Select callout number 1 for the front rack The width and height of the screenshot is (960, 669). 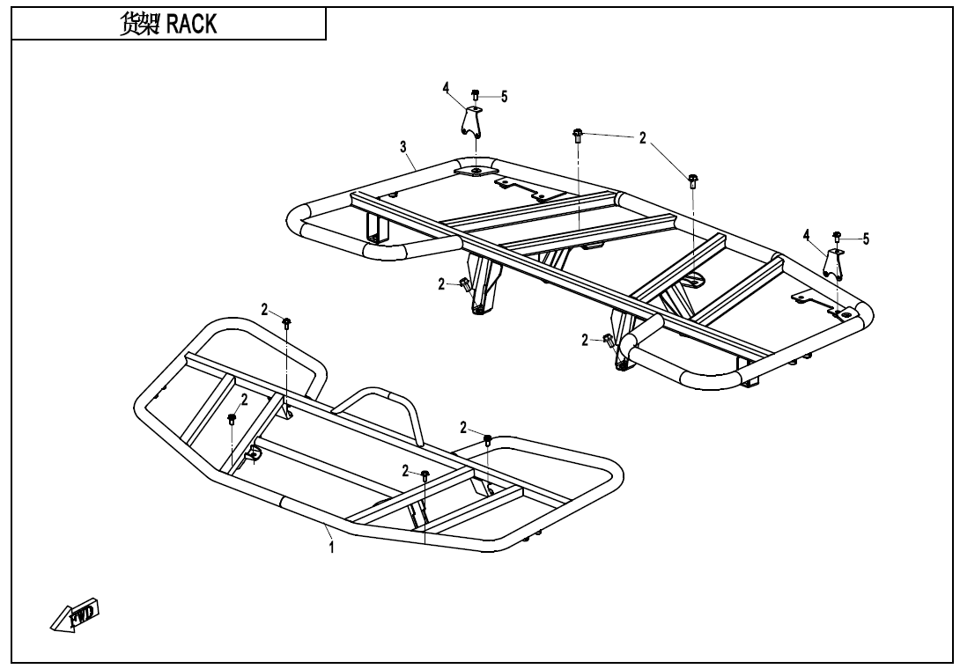pyautogui.click(x=331, y=547)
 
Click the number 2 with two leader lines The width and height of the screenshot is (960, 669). pyautogui.click(x=643, y=138)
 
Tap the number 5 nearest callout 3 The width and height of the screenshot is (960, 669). pyautogui.click(x=504, y=97)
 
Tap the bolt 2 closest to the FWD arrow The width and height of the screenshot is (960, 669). pyautogui.click(x=232, y=418)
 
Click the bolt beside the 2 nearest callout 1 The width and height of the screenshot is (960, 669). pyautogui.click(x=425, y=475)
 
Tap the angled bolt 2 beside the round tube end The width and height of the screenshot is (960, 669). pyautogui.click(x=607, y=339)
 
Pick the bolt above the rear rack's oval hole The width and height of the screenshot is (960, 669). pyautogui.click(x=693, y=181)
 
